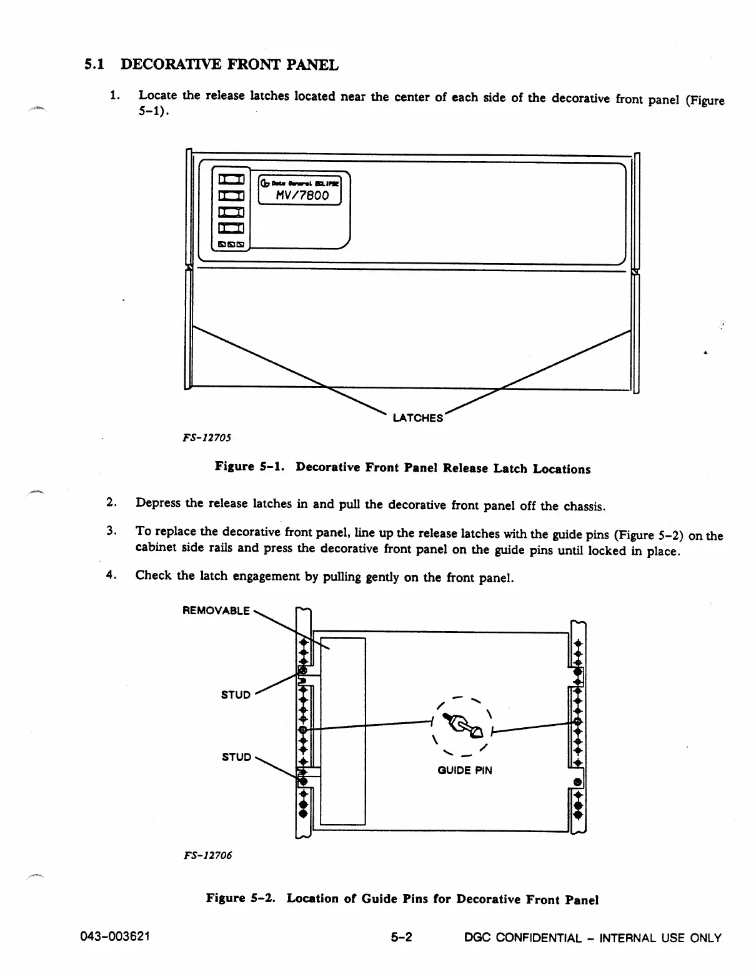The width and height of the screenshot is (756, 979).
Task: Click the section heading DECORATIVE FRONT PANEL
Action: tap(229, 65)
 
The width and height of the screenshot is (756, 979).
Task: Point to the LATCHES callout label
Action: tap(417, 418)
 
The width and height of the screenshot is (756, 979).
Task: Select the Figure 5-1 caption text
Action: tap(402, 468)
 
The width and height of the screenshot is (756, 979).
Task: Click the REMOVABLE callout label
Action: tap(216, 610)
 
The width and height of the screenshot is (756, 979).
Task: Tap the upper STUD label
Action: tap(236, 695)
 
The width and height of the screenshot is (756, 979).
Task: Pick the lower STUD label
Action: tap(236, 757)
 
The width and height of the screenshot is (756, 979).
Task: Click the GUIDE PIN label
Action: tap(464, 770)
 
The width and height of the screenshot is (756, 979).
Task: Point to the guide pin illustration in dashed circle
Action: tap(462, 725)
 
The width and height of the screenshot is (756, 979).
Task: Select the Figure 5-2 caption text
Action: tap(402, 899)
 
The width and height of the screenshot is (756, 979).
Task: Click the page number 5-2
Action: tap(402, 938)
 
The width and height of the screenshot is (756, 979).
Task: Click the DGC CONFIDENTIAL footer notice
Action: tap(593, 938)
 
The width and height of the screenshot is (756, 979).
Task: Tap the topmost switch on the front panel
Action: tap(230, 180)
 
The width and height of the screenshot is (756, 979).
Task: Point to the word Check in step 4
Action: tap(154, 575)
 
